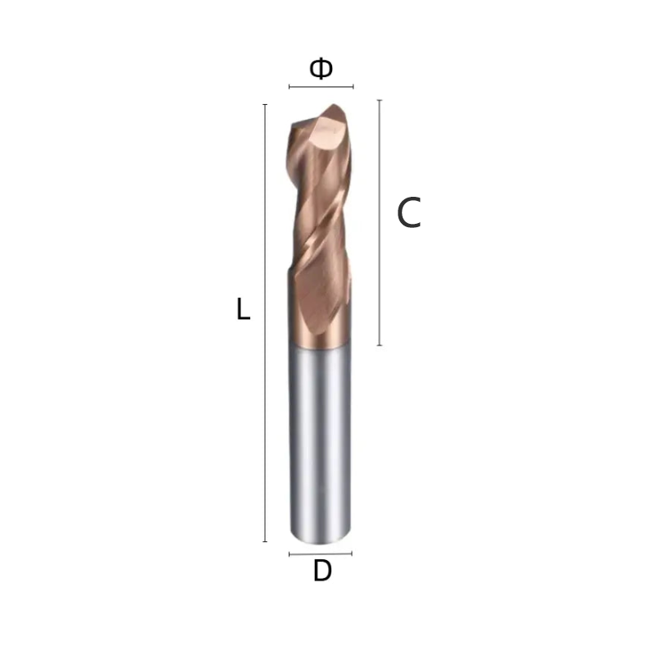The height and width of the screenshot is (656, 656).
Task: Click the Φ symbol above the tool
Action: pos(321,69)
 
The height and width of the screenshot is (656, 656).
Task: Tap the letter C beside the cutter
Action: pos(408,214)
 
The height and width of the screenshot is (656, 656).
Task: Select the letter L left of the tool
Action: pos(243,310)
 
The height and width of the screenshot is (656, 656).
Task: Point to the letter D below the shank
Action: pos(322,572)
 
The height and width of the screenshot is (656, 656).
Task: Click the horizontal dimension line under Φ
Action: pos(321,86)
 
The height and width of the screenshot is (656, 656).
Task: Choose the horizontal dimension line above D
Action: pos(321,553)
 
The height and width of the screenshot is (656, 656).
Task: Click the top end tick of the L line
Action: pos(265,105)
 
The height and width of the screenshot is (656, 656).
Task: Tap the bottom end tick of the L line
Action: pos(265,541)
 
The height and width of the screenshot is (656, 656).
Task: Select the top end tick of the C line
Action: pos(380,100)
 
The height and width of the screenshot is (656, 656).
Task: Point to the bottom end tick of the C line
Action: pos(380,345)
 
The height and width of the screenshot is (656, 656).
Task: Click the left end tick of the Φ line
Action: pos(289,86)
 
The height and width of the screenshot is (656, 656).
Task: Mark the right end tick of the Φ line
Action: pos(353,86)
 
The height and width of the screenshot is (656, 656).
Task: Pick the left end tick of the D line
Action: pos(290,553)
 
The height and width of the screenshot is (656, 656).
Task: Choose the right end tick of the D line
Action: pos(351,553)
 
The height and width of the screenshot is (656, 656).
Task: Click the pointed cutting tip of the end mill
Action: pos(332,107)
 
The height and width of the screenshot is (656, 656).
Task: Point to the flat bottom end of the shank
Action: pos(320,539)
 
